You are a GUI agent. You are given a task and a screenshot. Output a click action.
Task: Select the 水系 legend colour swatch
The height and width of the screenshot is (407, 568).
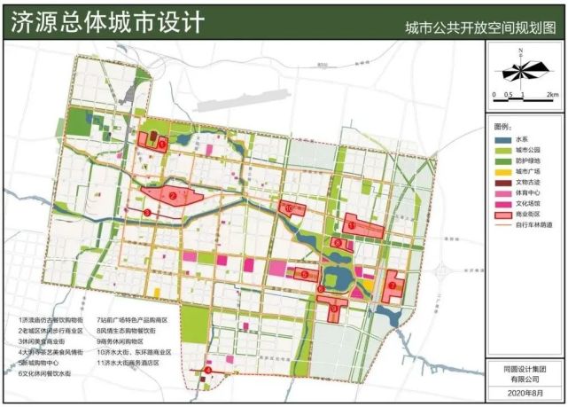[502, 140]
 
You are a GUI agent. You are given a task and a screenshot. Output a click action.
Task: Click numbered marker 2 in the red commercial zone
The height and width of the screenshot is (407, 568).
[174, 195]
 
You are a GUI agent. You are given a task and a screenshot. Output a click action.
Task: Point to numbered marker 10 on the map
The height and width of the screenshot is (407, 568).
[292, 207]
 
